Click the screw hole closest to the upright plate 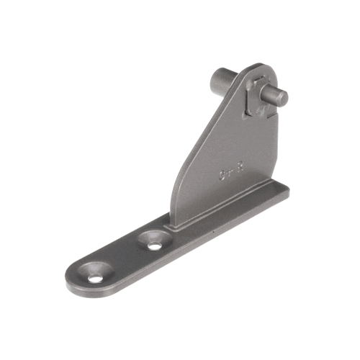pyautogui.click(x=154, y=242)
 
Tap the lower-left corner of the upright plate pyautogui.click(x=174, y=222)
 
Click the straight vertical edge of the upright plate pyautogui.click(x=276, y=144)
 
